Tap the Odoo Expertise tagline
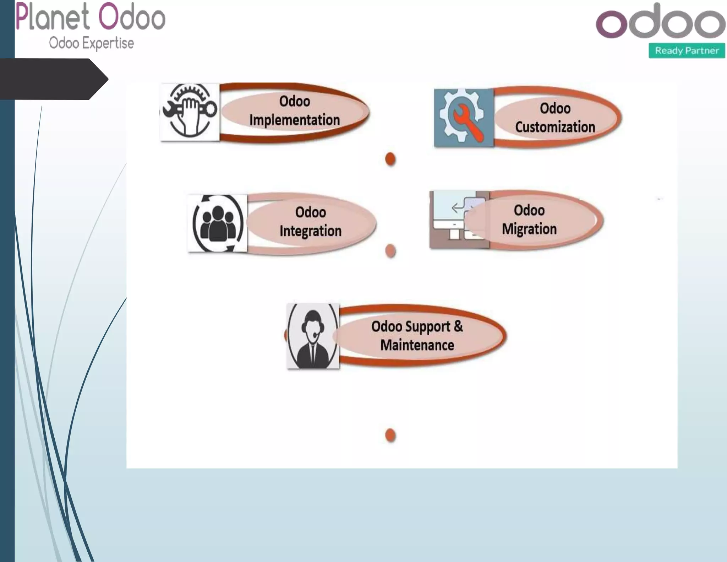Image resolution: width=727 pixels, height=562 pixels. tap(91, 43)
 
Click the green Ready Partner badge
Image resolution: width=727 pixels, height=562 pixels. tap(687, 50)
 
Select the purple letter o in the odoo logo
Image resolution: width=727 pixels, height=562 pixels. tap(612, 24)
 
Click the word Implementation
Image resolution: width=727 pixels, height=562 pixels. tap(294, 120)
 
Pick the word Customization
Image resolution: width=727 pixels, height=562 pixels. tap(555, 127)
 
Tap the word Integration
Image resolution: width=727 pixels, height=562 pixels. tap(310, 231)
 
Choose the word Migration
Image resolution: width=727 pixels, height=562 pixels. tap(529, 229)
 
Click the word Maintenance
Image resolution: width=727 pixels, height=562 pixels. tap(417, 345)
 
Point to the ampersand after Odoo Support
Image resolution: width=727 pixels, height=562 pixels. tap(458, 326)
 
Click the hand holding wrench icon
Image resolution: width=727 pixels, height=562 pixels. tap(190, 112)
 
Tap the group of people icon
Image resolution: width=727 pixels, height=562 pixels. tap(218, 223)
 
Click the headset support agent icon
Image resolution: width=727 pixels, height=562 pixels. tap(313, 336)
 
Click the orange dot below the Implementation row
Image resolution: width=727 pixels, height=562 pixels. tap(390, 159)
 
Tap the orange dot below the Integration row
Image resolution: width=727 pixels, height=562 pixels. tap(390, 251)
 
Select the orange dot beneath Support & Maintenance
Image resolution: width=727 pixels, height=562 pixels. tap(390, 435)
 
